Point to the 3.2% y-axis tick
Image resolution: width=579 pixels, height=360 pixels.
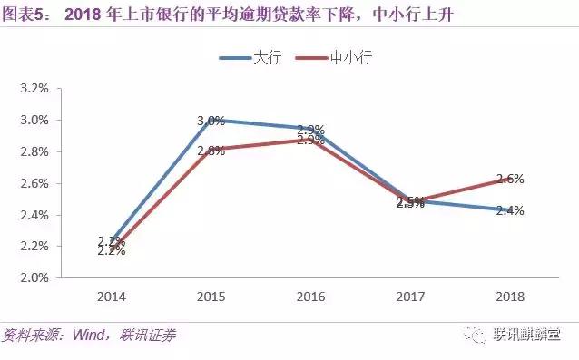pos(34,89)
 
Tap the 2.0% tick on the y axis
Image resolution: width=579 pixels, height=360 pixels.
pos(34,277)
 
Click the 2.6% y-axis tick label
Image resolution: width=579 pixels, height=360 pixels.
pos(34,183)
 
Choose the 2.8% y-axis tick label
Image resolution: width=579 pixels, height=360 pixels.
pos(34,151)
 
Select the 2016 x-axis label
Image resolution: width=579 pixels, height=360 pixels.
pos(310,297)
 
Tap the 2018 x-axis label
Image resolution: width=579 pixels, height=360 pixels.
pos(510,297)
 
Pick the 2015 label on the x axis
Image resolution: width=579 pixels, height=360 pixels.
pos(211,297)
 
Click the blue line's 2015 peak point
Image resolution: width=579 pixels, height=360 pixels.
pos(211,120)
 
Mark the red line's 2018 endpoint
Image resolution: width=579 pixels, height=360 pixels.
pos(510,180)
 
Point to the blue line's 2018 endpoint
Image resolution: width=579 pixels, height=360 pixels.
pos(510,209)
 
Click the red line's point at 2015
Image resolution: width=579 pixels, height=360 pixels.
pos(211,148)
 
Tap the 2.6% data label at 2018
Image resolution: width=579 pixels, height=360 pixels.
pos(510,180)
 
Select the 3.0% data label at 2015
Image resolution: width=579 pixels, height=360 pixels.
pos(211,121)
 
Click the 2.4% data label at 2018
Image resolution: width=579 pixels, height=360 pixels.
pos(510,210)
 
